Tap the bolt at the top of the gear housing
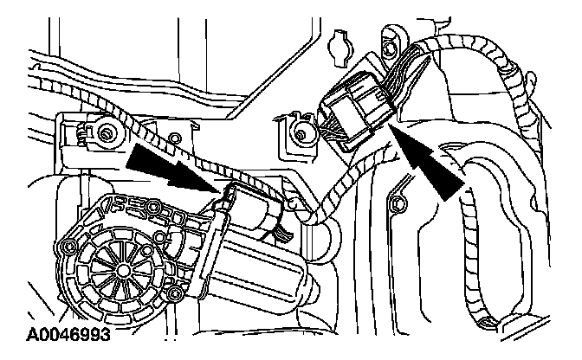point(154,207)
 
